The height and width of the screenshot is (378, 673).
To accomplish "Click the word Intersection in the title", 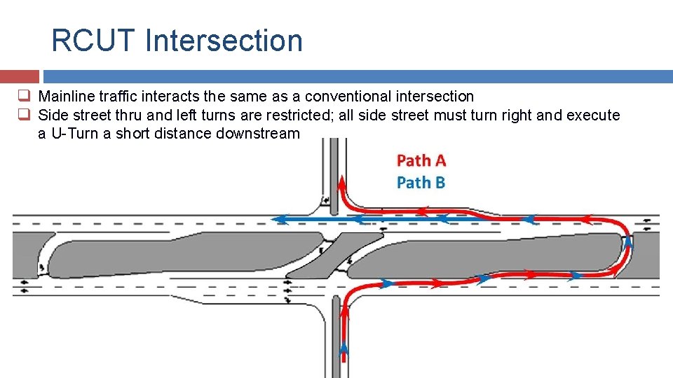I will pos(224,41).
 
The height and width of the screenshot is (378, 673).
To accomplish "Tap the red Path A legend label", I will pos(421,161).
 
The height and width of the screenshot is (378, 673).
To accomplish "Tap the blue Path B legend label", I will pos(421,183).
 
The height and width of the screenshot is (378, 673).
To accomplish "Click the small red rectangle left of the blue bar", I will pos(20,76).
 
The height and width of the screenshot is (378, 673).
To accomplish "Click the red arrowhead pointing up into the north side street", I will pos(341,183).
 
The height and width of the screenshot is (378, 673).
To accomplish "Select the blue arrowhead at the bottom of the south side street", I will pos(344,348).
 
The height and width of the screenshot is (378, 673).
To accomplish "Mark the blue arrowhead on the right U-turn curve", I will pos(628,241).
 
